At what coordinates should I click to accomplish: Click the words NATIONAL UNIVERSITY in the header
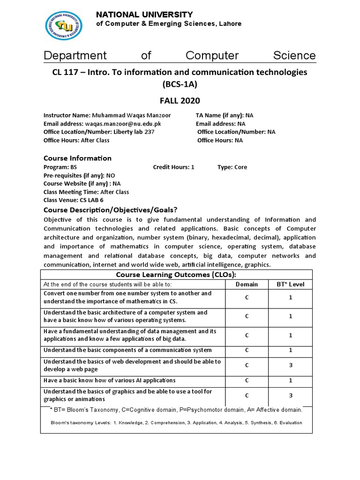click(x=144, y=15)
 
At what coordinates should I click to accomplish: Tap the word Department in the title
click(x=75, y=55)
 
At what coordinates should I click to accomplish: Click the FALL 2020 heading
click(x=180, y=100)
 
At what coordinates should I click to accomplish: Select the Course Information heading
click(x=77, y=158)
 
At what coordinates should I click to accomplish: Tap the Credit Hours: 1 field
click(x=173, y=167)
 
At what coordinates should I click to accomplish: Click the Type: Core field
click(x=232, y=167)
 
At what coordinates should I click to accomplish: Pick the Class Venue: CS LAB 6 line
click(x=74, y=200)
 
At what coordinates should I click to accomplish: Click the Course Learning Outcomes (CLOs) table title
click(x=176, y=274)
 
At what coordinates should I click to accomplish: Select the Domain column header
click(x=247, y=284)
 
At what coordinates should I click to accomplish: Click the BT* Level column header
click(x=290, y=284)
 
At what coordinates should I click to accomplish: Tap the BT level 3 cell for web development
click(x=290, y=365)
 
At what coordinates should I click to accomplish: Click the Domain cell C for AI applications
click(x=247, y=380)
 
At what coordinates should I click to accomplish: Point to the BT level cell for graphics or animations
click(x=290, y=395)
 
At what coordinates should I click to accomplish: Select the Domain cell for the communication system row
click(x=247, y=350)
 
